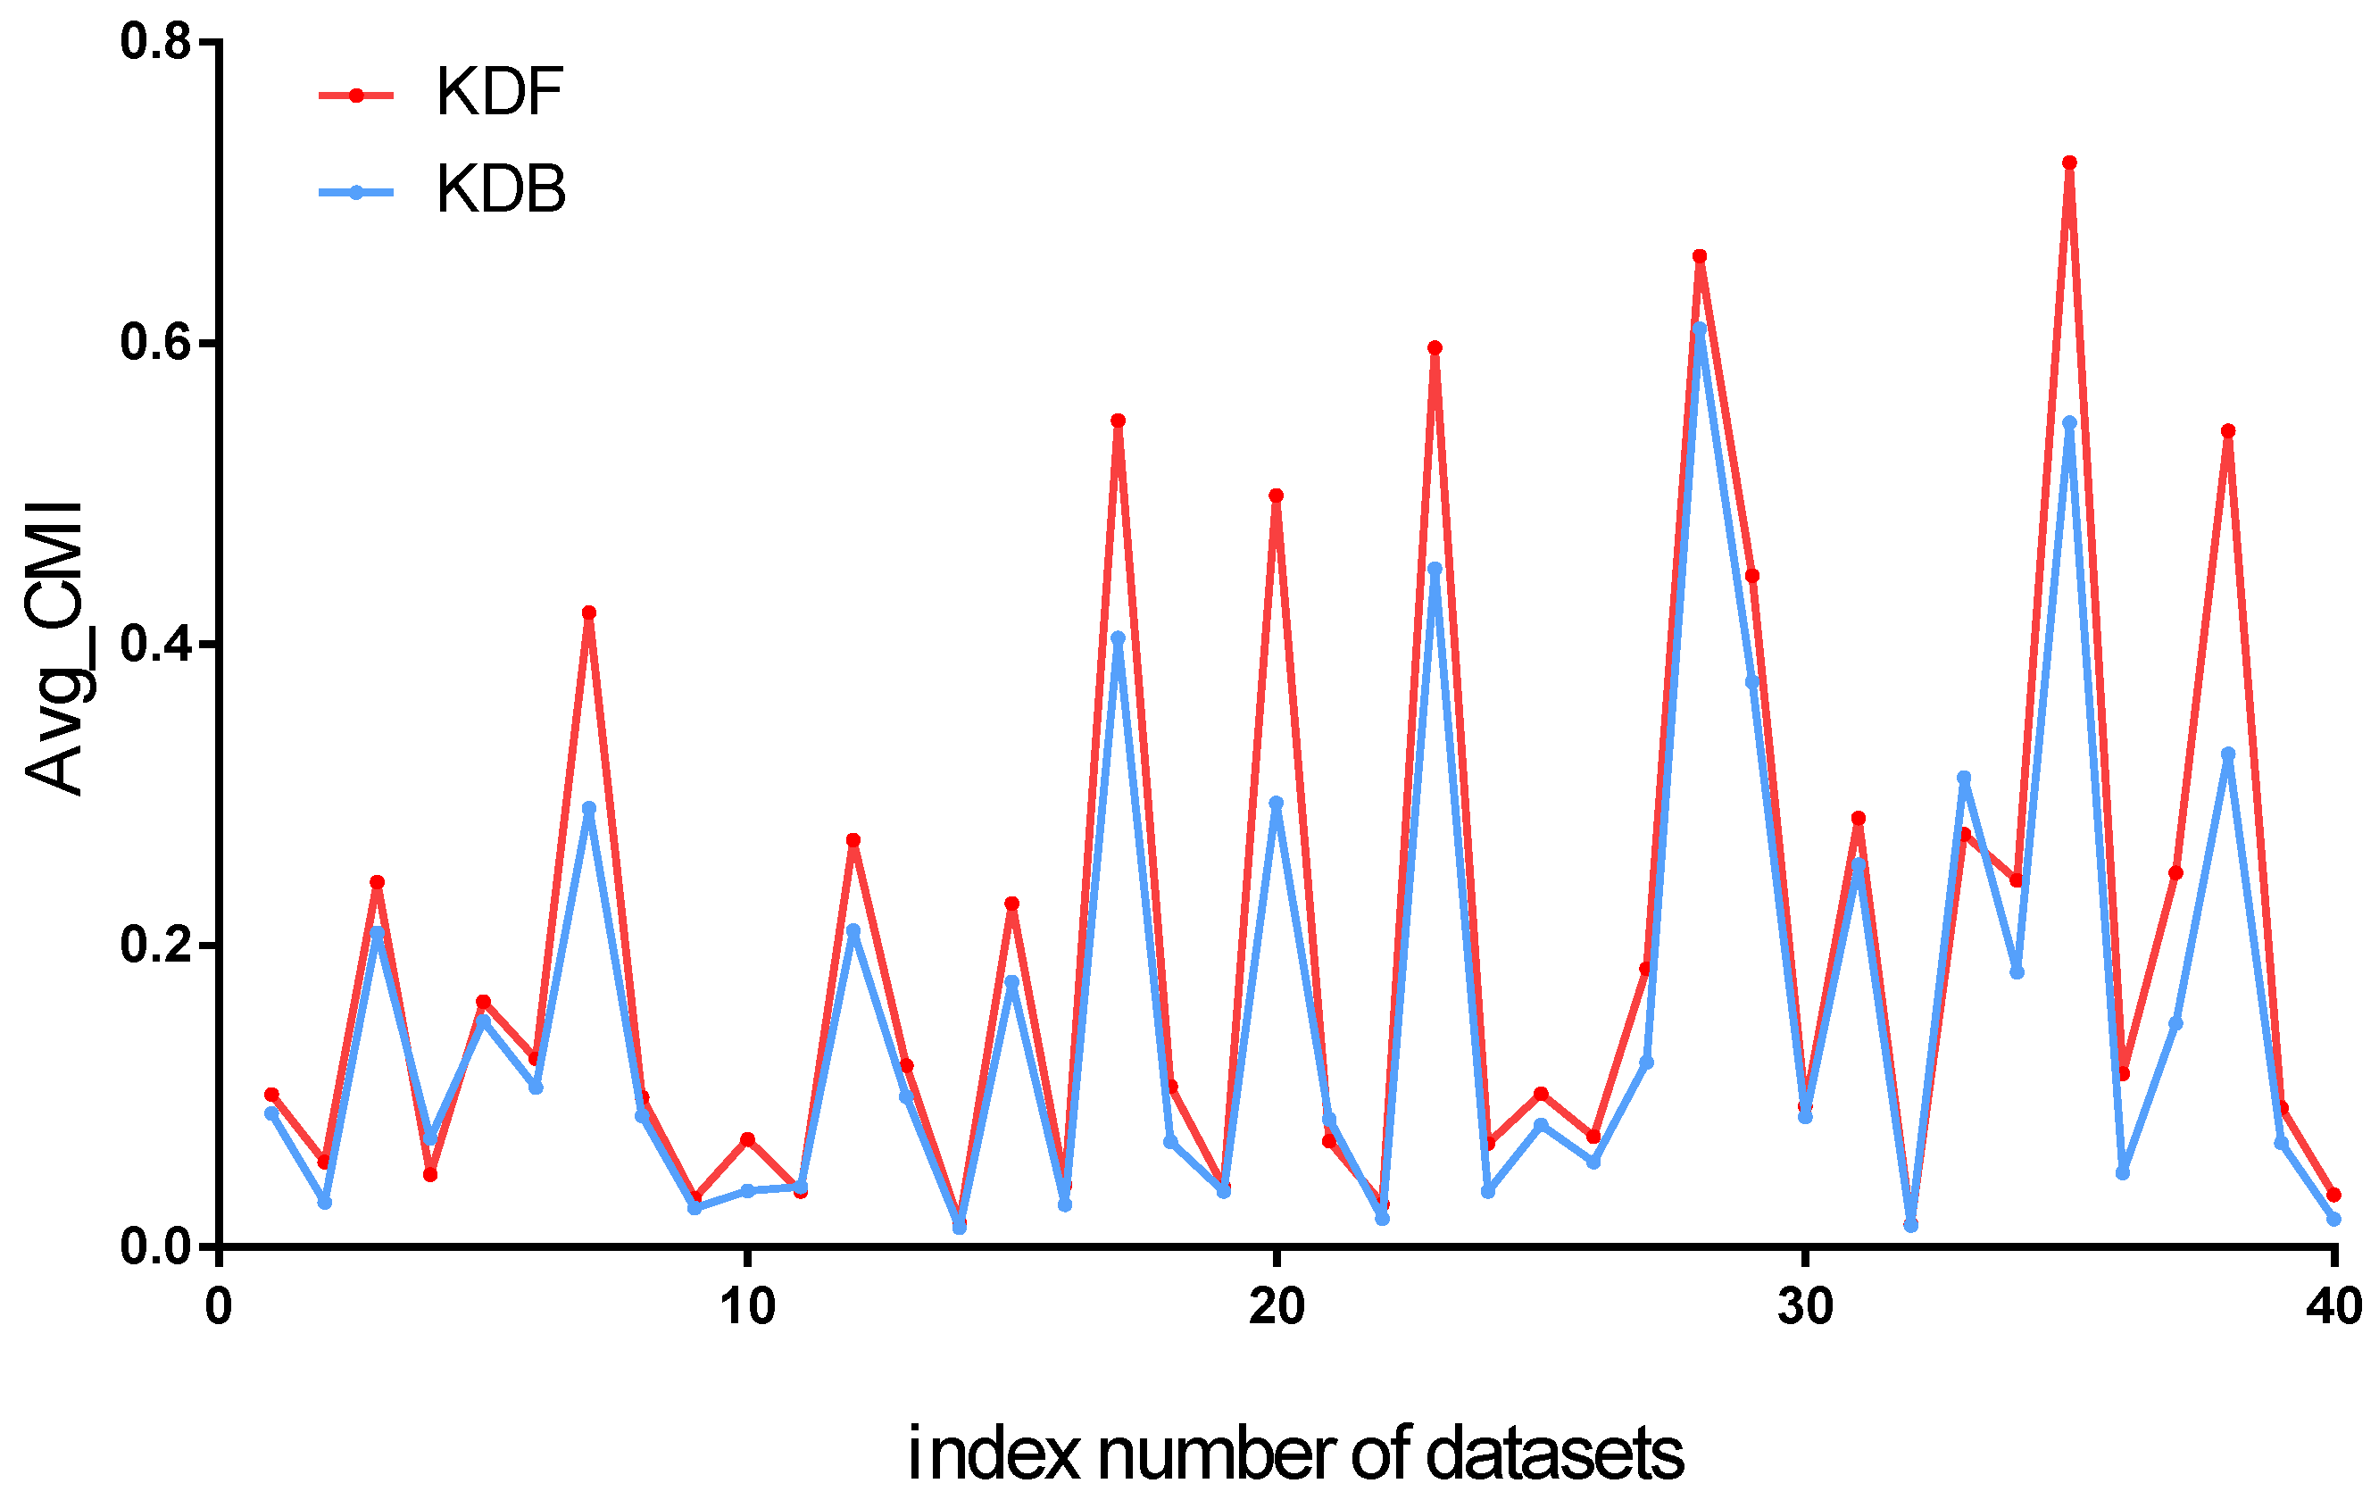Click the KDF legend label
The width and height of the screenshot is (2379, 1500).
click(x=499, y=93)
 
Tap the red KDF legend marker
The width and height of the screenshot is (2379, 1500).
click(x=357, y=95)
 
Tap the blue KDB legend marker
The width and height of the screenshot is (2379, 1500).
click(x=357, y=193)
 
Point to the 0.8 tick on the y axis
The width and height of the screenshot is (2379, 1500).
click(x=155, y=43)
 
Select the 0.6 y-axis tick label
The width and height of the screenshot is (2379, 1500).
click(x=155, y=343)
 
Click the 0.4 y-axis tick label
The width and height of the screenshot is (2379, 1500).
click(x=155, y=645)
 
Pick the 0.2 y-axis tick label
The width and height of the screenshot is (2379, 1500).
click(x=155, y=946)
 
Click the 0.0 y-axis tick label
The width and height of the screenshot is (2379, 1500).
click(x=155, y=1247)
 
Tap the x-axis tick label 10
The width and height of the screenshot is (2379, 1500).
click(x=747, y=1307)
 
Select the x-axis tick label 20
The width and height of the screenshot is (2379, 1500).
click(x=1277, y=1307)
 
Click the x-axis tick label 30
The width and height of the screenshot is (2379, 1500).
click(x=1805, y=1307)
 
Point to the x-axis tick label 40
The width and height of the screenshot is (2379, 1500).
click(x=2333, y=1307)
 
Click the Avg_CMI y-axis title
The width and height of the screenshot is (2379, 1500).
click(x=55, y=647)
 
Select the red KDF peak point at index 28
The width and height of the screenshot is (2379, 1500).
click(x=1700, y=257)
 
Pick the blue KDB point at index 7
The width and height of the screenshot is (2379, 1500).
click(x=589, y=808)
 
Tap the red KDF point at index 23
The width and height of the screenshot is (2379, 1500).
click(x=1435, y=348)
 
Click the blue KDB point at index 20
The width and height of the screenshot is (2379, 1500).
click(x=1277, y=804)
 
